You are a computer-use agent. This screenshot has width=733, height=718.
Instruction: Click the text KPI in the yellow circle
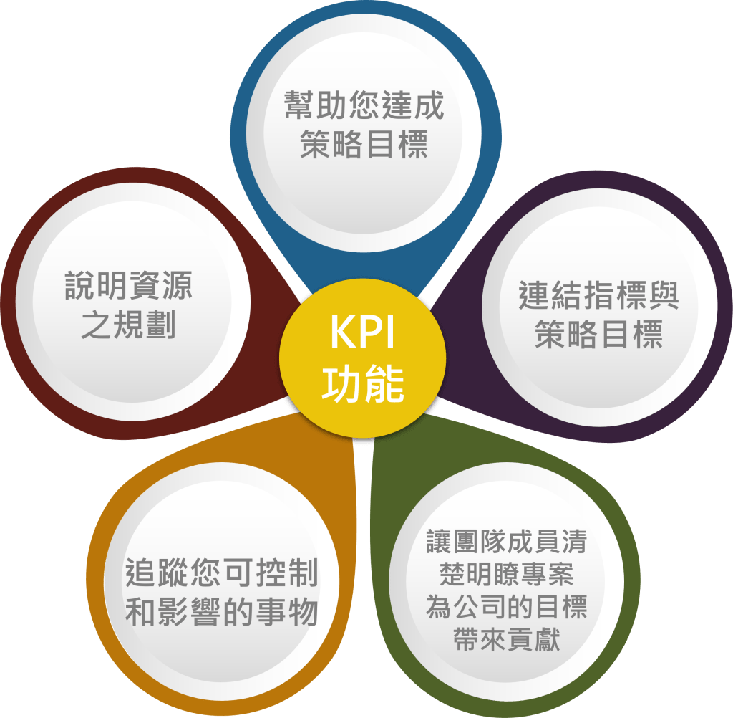click(x=363, y=334)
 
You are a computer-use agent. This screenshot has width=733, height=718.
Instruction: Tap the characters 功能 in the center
click(x=363, y=384)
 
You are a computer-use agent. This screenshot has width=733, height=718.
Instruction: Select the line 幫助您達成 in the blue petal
click(x=364, y=105)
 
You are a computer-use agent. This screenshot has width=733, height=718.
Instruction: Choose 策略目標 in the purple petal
click(x=598, y=335)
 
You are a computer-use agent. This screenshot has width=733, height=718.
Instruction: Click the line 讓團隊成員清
click(x=506, y=542)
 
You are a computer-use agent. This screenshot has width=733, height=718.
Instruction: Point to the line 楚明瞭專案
click(x=506, y=574)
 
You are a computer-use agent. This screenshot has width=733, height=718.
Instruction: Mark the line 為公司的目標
click(x=506, y=607)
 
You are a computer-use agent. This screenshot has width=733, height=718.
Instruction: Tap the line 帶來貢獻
click(x=506, y=640)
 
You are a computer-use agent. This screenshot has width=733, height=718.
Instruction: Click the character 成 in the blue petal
click(x=429, y=105)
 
